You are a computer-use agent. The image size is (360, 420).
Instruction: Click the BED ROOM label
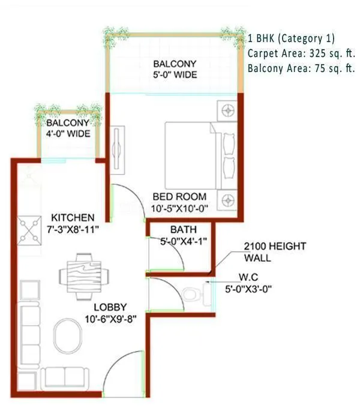point(179,196)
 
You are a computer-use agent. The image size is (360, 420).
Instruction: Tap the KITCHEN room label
point(72,217)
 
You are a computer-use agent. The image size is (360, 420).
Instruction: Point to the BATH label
point(180,230)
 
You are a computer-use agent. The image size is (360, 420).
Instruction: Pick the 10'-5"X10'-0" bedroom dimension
point(179,208)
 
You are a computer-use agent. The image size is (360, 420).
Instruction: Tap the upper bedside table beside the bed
point(228,110)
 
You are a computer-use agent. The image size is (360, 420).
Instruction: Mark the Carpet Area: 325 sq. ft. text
point(301,53)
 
